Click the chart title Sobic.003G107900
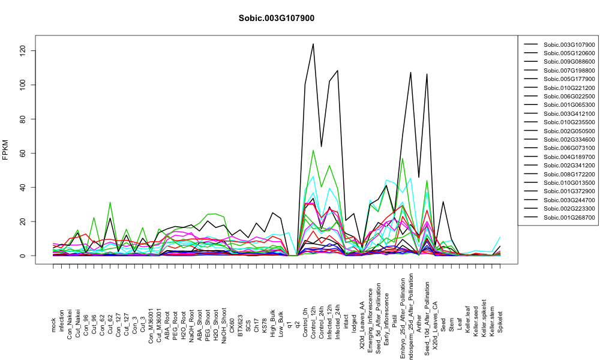276,18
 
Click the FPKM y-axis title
5,150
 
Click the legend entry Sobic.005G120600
569,53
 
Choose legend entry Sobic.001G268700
569,217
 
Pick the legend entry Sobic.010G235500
569,122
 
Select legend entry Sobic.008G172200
569,174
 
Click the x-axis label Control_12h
313,312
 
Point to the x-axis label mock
53,325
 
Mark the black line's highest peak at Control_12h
313,44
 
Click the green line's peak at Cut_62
110,202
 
